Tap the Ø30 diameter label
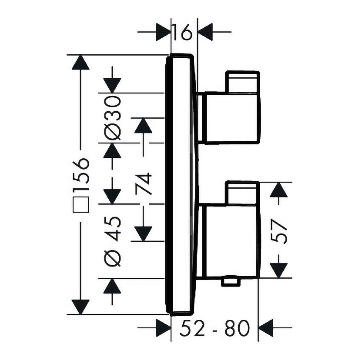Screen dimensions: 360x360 tap(112, 118)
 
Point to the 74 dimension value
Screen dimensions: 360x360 tap(143, 184)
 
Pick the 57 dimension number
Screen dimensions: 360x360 tap(279, 231)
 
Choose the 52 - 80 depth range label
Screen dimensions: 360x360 tap(215, 328)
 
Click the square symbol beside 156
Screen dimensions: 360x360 tap(81, 204)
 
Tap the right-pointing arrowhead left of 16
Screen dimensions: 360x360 tap(163, 32)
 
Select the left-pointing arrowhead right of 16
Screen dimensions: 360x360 tap(205, 32)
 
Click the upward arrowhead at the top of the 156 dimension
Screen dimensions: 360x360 tap(80, 62)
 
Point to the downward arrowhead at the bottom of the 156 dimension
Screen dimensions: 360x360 tap(80, 307)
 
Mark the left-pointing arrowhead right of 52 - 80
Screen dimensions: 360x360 tap(266, 328)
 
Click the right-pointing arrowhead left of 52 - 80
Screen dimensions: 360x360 tap(163, 328)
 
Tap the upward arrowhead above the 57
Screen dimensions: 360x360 tap(279, 190)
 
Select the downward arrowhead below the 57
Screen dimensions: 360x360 tap(279, 270)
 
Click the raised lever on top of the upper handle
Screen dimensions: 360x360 tap(243, 82)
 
